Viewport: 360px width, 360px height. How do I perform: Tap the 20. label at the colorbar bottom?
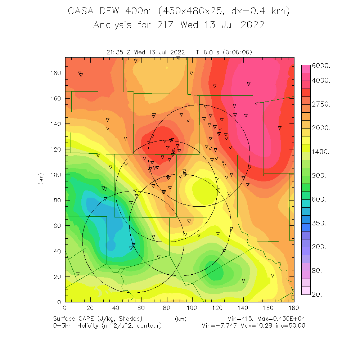click(319, 294)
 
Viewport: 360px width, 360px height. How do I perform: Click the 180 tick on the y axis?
click(56, 73)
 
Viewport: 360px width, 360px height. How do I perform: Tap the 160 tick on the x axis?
click(269, 308)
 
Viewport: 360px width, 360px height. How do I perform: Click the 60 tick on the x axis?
click(141, 308)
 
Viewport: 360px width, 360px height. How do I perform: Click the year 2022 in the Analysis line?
click(252, 25)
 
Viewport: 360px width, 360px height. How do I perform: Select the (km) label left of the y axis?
click(41, 179)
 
